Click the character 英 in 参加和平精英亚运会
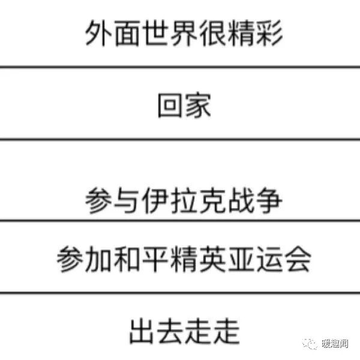pos(212,259)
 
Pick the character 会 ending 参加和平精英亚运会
pos(298,259)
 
